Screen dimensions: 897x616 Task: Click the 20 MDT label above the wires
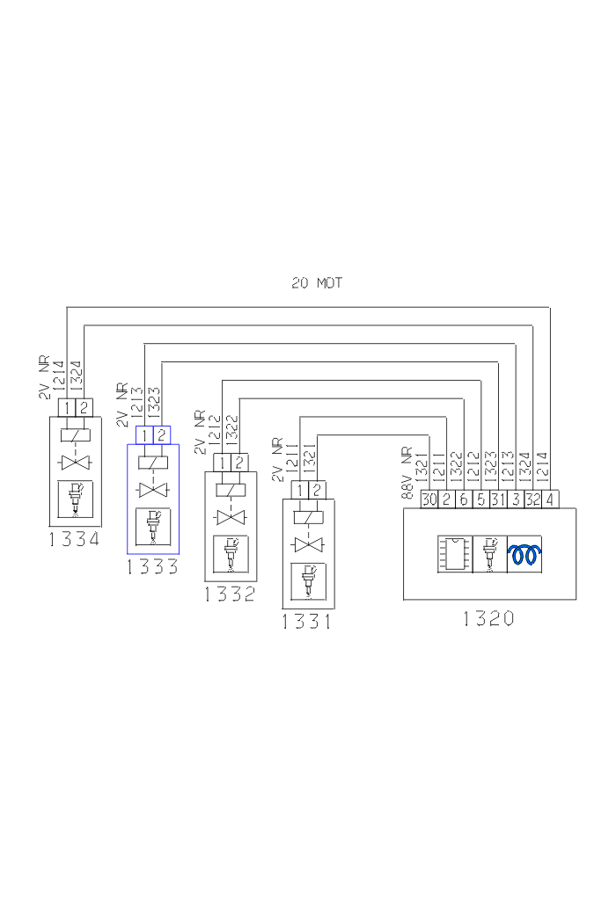point(317,284)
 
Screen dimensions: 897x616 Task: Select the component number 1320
point(488,618)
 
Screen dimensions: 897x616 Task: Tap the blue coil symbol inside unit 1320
point(525,555)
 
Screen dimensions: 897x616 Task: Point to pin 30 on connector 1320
point(429,500)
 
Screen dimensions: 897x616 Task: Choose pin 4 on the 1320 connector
point(550,500)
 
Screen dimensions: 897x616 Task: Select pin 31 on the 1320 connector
point(498,500)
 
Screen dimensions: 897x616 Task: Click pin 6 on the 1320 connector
point(464,500)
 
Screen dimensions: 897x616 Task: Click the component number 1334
point(75,539)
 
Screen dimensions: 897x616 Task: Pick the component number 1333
point(152,567)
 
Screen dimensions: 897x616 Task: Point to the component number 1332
point(230,594)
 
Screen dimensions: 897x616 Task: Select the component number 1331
point(307,623)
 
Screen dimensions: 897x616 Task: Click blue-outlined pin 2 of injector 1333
point(161,434)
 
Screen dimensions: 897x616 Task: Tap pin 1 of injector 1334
point(67,407)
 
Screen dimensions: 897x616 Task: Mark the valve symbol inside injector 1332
point(231,517)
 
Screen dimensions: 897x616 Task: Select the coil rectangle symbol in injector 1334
point(76,434)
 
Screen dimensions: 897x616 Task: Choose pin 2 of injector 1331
point(316,490)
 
